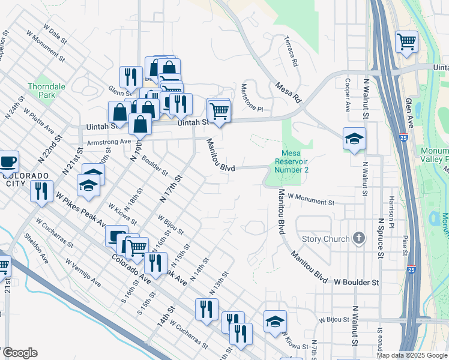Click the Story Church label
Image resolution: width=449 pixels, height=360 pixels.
[325, 239]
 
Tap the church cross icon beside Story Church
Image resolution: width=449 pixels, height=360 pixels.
[359, 239]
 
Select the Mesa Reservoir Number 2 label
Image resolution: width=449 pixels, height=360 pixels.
[292, 161]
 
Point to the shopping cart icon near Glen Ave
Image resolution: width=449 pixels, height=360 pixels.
[407, 41]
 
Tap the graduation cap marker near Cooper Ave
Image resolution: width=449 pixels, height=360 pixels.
[354, 139]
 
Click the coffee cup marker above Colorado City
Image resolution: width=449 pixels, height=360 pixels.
[7, 161]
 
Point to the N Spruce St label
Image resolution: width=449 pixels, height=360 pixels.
[380, 238]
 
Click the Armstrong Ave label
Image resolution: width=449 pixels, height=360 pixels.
[109, 142]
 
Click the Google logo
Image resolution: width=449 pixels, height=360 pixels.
[20, 353]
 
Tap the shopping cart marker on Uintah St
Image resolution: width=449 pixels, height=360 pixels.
[219, 110]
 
